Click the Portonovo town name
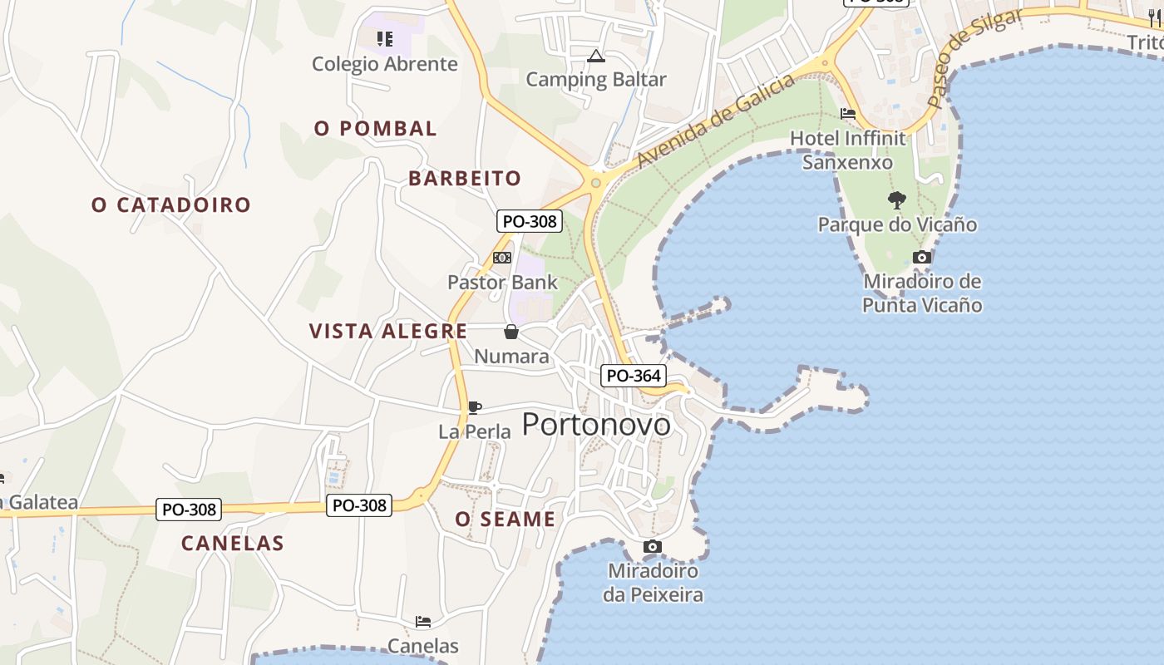tap(596, 425)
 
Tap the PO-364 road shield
tap(634, 376)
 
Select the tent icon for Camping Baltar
tap(595, 57)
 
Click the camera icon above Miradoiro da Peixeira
tap(653, 546)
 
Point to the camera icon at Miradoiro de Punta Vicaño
tap(921, 258)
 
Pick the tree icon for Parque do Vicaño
tap(896, 199)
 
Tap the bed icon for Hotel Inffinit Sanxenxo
tap(848, 113)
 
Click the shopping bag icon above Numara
tap(511, 332)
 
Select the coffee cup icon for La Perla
tap(474, 407)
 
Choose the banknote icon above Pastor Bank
tap(502, 258)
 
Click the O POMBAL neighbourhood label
tap(375, 129)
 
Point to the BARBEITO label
tap(465, 179)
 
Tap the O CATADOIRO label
tap(170, 204)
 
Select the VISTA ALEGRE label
tap(388, 331)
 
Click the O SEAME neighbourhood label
tap(505, 520)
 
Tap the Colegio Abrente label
tap(384, 64)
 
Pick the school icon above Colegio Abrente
tap(384, 38)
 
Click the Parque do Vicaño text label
tap(897, 224)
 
